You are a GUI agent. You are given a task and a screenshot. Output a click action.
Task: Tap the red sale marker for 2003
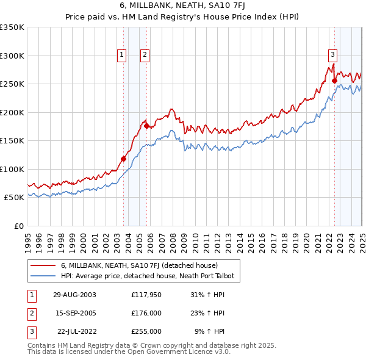(123, 159)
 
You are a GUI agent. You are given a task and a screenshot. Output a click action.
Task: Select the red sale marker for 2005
(146, 126)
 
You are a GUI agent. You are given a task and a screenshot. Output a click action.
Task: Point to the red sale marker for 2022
(334, 81)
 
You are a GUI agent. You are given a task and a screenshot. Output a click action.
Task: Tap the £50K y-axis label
(14, 198)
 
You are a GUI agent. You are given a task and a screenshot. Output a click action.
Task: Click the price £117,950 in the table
(146, 295)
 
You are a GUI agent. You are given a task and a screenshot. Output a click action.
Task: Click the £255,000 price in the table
(146, 331)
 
